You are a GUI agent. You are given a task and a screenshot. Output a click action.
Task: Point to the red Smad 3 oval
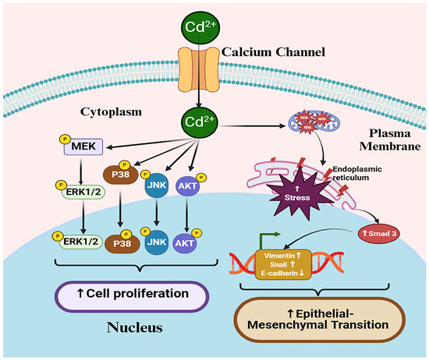pos(381,232)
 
